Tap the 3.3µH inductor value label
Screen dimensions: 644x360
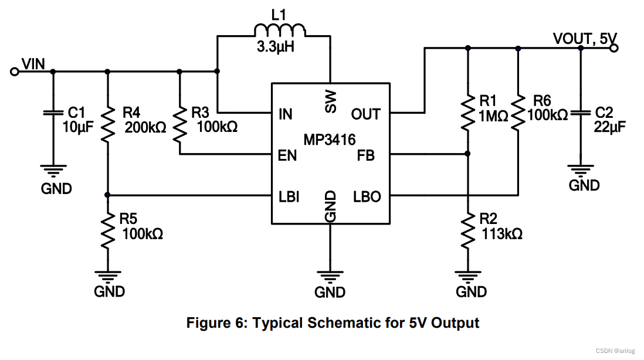coord(276,47)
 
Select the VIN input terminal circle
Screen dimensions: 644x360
coord(15,72)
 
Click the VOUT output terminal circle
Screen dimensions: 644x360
coord(614,48)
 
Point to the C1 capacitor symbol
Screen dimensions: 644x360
coord(53,113)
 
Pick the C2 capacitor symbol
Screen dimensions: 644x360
coord(580,113)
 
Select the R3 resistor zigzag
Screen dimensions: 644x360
coord(179,125)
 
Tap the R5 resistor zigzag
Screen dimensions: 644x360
coord(107,230)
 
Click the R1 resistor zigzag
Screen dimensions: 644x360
coord(467,113)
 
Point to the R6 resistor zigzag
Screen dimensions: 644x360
coord(518,113)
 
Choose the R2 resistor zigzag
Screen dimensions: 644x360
coord(467,230)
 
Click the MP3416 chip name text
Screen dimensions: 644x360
coord(330,140)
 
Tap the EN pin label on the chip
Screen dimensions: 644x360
coord(287,156)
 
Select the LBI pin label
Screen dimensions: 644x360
coord(289,197)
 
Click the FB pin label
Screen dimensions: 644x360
coord(365,156)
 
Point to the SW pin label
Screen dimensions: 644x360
coord(331,102)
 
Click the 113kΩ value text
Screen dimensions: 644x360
coord(502,234)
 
